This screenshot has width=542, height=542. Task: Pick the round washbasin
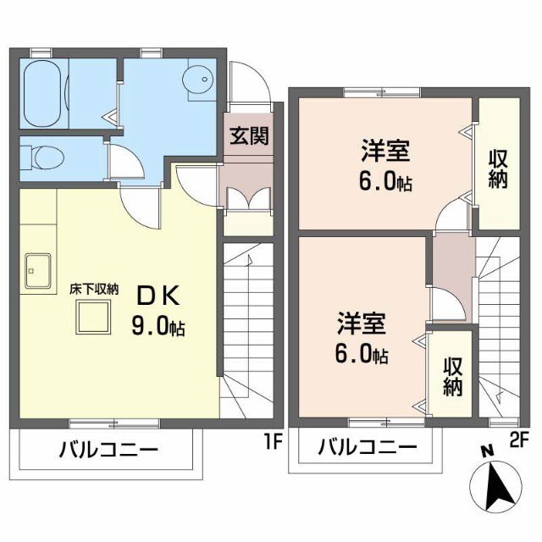199,80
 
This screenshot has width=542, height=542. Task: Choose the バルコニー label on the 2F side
368,447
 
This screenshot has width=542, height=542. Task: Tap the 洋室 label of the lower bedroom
362,324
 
